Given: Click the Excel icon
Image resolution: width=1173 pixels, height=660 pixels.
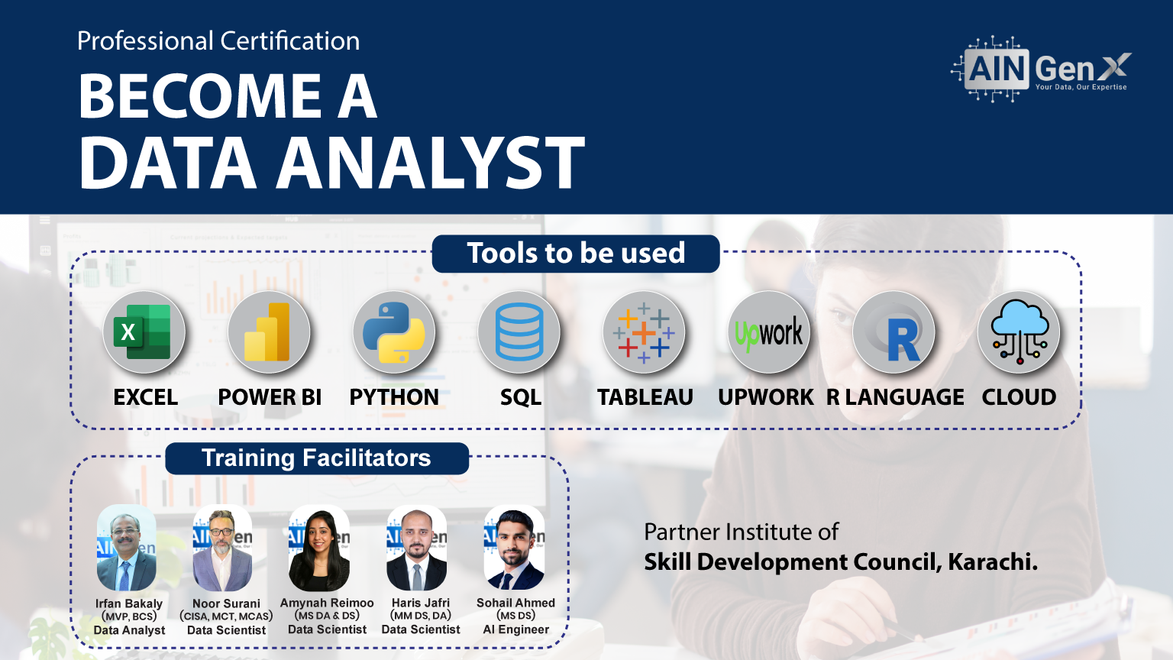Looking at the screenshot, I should click(144, 332).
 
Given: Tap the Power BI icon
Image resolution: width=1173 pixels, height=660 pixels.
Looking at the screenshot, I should click(269, 332).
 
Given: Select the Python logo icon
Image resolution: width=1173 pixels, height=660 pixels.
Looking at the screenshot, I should click(394, 332).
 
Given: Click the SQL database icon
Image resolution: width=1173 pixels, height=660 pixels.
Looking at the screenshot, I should click(519, 332).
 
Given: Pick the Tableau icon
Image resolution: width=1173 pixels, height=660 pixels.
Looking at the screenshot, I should click(644, 332).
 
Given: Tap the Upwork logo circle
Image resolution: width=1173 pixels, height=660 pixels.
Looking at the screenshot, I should click(769, 332).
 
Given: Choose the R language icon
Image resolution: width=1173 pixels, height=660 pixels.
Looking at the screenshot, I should click(894, 332).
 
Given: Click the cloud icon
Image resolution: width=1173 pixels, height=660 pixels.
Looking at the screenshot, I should click(1019, 332).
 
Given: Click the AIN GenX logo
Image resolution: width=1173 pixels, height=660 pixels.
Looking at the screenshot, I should click(1042, 70).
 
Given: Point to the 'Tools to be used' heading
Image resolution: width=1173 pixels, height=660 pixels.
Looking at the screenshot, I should click(576, 254).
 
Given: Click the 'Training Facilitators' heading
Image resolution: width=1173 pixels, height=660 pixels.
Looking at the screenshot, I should click(316, 458).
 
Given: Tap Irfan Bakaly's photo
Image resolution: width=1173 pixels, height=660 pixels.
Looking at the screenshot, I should click(127, 548).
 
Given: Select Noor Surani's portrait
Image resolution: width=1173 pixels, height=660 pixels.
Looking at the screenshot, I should click(223, 548).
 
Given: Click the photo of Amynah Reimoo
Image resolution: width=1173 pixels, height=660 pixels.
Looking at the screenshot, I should click(319, 548).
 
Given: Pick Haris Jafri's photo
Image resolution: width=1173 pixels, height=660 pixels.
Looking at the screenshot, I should click(417, 548).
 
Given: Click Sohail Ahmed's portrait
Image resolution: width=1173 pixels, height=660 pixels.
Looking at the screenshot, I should click(515, 548).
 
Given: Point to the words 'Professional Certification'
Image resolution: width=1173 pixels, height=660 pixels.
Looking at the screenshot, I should click(218, 41).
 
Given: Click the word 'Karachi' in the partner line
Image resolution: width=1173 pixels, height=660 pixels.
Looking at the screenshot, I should click(991, 562).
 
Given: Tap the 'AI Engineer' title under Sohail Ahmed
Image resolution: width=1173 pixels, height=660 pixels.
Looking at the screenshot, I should click(516, 629).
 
